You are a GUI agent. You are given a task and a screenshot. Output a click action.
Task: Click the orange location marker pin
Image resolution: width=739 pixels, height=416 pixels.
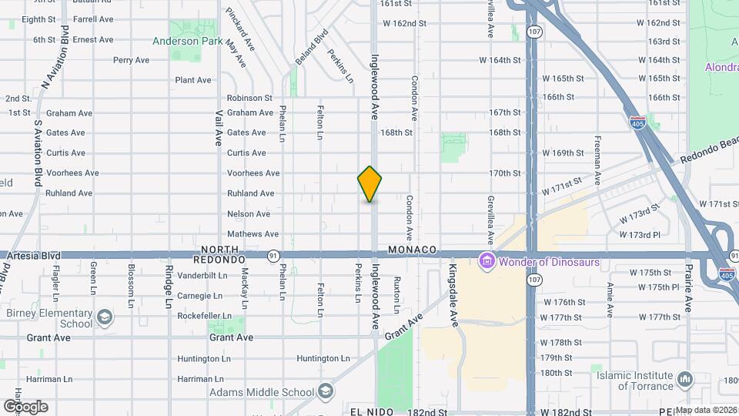click(x=369, y=184)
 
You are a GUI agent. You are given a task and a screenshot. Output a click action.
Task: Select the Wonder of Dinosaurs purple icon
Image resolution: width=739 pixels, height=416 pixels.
click(x=487, y=262)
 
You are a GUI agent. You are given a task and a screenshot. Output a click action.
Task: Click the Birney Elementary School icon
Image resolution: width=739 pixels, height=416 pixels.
click(x=103, y=317)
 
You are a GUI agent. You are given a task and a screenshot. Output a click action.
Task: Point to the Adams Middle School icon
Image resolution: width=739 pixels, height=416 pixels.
click(x=326, y=392)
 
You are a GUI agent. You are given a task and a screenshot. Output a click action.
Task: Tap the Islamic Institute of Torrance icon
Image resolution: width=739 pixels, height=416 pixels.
click(x=685, y=380)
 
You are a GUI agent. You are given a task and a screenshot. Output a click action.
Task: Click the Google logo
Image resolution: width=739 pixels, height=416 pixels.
click(x=25, y=406)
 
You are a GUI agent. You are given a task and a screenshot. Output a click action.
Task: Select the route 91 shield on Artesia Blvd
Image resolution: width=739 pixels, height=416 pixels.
click(x=273, y=254)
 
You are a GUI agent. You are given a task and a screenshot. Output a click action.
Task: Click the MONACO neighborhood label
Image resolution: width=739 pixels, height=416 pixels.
click(x=413, y=250)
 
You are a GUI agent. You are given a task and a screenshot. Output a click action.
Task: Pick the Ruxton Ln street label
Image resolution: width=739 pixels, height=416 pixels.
click(x=397, y=294)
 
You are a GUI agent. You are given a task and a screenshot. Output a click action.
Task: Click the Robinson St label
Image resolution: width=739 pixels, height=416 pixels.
click(x=249, y=98)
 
